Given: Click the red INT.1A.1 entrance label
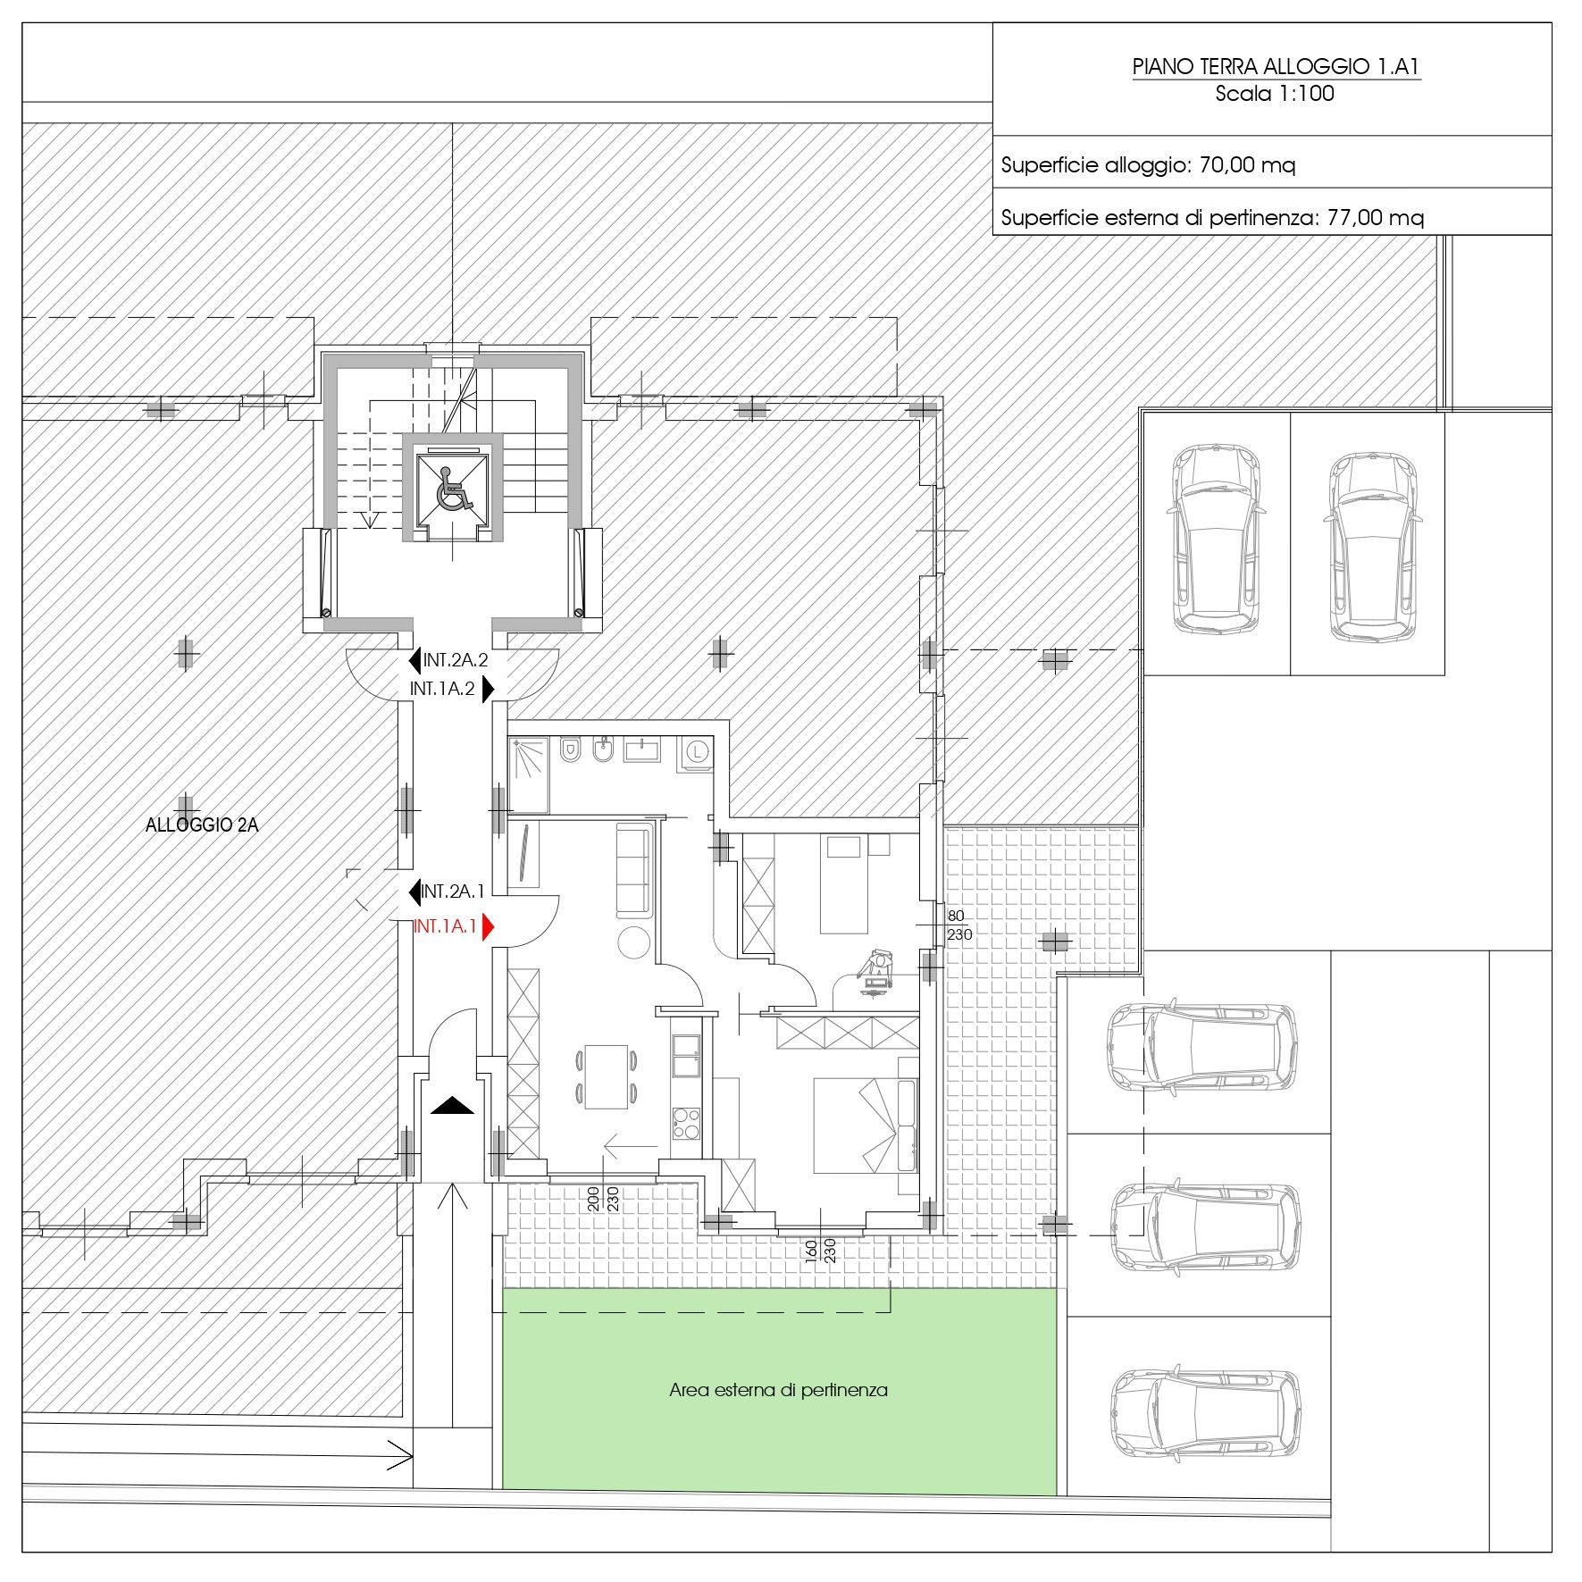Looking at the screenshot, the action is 445,926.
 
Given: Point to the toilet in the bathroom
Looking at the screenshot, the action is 570,749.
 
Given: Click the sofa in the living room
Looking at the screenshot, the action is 634,870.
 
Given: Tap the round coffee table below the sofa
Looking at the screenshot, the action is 633,942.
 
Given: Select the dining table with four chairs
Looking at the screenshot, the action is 607,1076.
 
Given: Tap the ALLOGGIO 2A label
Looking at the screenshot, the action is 202,825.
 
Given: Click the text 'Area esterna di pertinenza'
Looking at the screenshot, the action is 778,1390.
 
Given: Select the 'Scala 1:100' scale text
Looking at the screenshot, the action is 1275,94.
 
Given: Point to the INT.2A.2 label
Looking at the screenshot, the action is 456,661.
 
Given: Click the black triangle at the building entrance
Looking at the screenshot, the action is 452,1106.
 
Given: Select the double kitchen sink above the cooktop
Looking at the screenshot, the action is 687,1057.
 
